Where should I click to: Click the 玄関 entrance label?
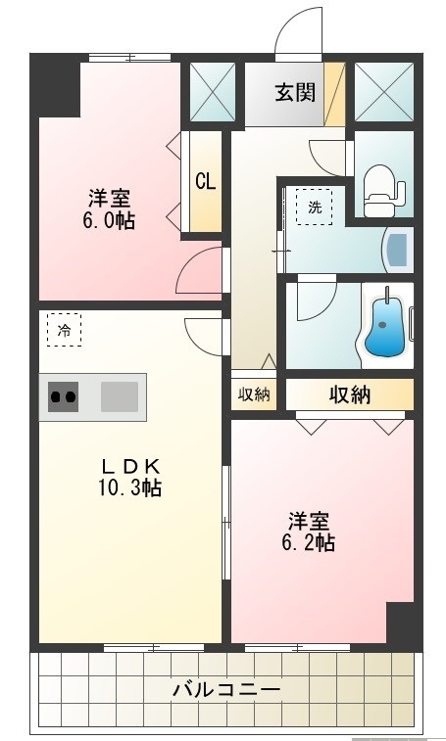click(x=294, y=93)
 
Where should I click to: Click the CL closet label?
click(x=205, y=181)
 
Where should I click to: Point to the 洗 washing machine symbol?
click(x=315, y=207)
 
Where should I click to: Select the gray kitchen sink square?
click(x=120, y=397)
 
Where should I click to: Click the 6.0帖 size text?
click(x=108, y=219)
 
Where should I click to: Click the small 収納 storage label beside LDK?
click(x=253, y=394)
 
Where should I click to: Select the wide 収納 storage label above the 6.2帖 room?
click(x=349, y=394)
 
